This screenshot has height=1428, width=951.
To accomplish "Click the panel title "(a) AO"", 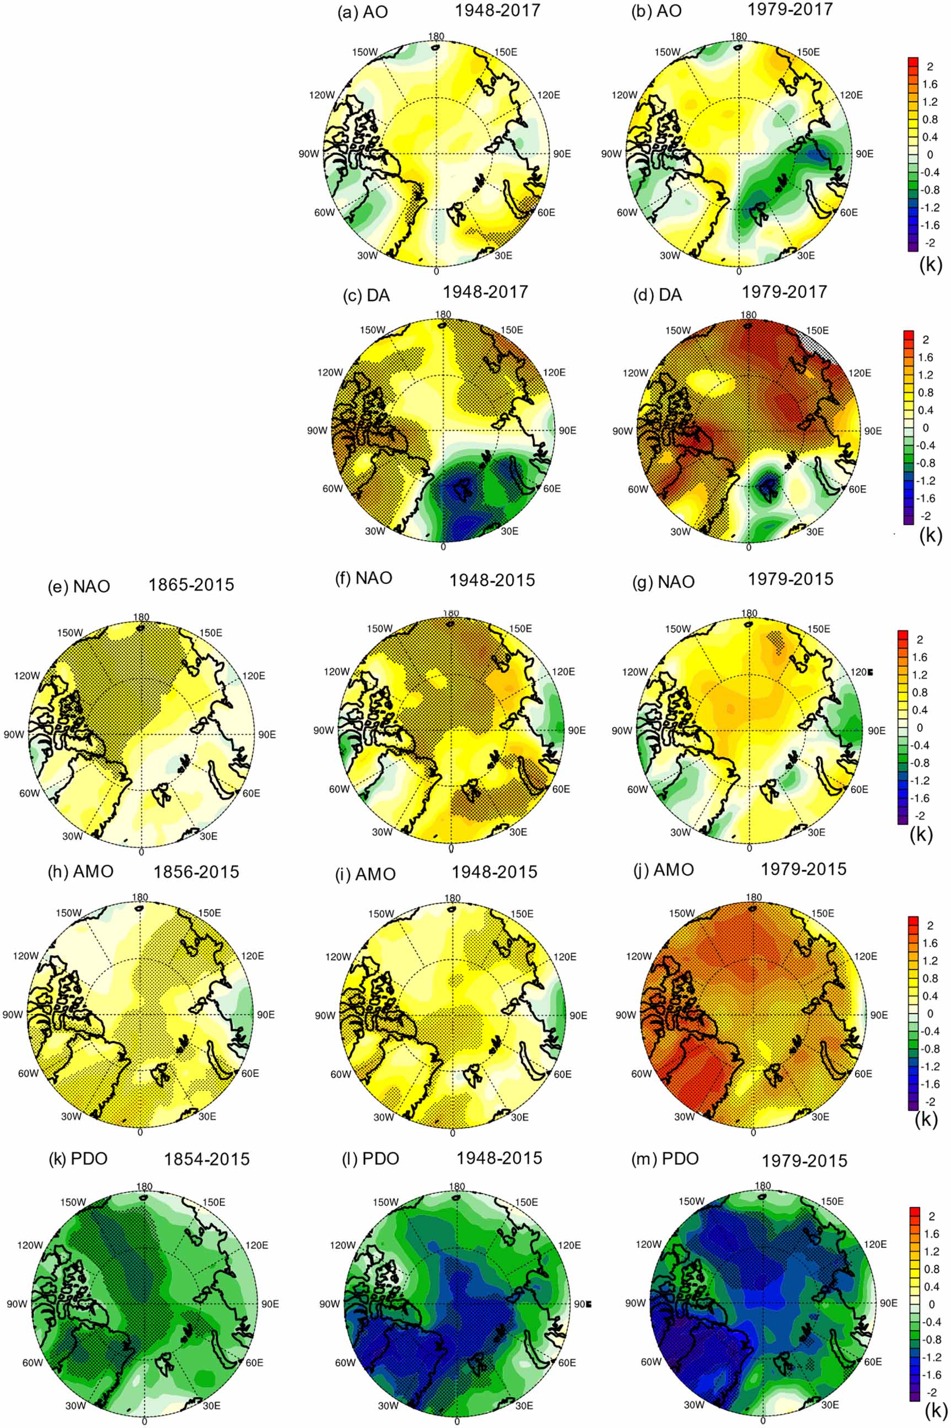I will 363,13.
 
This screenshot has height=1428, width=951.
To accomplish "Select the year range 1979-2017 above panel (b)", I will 792,9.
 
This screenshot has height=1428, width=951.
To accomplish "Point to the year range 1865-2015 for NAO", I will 191,585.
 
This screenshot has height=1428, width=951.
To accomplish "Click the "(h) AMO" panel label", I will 80,871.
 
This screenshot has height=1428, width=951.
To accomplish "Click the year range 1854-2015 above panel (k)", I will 207,1160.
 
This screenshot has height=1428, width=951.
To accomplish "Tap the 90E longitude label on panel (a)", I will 562,153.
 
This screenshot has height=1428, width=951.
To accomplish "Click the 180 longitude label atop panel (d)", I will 750,315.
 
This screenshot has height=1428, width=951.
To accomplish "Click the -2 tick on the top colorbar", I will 929,243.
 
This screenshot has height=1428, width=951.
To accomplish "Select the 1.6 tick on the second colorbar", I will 926,357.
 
